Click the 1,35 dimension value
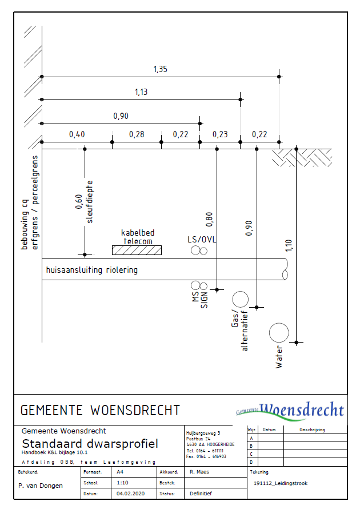point(160,69)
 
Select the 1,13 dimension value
point(142,92)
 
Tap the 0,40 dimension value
point(77,134)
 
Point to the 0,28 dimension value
point(137,134)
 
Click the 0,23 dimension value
point(220,134)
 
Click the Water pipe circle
point(279,332)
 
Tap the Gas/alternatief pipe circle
point(240,299)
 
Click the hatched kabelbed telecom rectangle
point(137,250)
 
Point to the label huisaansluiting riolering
point(92,270)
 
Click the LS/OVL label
point(202,239)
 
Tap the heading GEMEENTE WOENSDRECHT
point(100,410)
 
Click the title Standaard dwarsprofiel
point(90,444)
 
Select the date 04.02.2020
point(129,493)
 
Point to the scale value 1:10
point(122,483)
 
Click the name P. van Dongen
point(41,486)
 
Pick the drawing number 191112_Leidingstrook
point(280,483)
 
